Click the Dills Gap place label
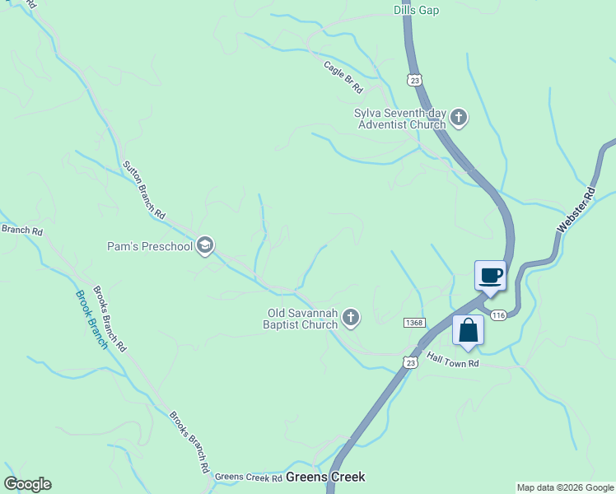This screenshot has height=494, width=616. pyautogui.click(x=416, y=10)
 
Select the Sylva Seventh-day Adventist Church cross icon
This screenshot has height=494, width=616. pyautogui.click(x=460, y=119)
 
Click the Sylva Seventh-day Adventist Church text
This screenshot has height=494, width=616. pyautogui.click(x=399, y=119)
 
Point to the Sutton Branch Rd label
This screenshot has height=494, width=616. pyautogui.click(x=143, y=189)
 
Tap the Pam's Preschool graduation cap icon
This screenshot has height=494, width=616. pyautogui.click(x=205, y=245)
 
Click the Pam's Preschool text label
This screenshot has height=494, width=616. pyautogui.click(x=150, y=246)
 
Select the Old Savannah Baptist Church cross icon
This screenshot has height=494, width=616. pyautogui.click(x=352, y=318)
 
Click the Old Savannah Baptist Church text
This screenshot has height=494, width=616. pyautogui.click(x=302, y=319)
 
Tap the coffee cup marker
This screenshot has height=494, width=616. pyautogui.click(x=491, y=275)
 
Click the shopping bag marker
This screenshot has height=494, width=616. pyautogui.click(x=468, y=330)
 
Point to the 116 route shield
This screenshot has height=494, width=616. pyautogui.click(x=497, y=316)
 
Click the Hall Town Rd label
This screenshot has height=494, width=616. pyautogui.click(x=452, y=360)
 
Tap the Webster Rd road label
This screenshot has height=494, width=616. pyautogui.click(x=576, y=210)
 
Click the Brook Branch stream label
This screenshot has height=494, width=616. pyautogui.click(x=91, y=319)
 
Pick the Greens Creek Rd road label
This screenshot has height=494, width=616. pyautogui.click(x=248, y=477)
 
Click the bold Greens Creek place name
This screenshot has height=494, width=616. pyautogui.click(x=325, y=477)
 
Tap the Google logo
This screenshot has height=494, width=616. pyautogui.click(x=27, y=484)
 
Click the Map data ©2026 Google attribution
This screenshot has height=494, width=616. pyautogui.click(x=566, y=487)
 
